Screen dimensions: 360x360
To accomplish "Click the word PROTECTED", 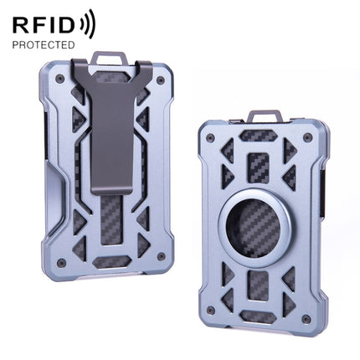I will click(43, 44).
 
